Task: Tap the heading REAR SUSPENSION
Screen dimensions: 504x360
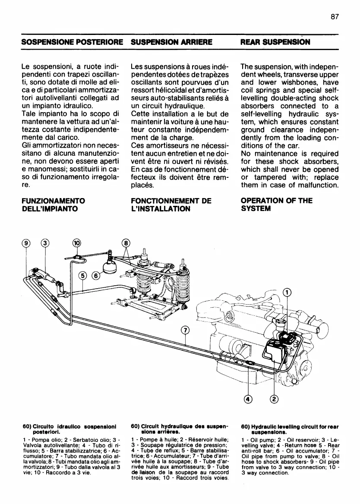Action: pyautogui.click(x=275, y=43)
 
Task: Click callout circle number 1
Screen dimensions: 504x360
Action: pyautogui.click(x=286, y=292)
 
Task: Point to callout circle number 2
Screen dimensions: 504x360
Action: pyautogui.click(x=274, y=399)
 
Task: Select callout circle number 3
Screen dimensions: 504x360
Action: pyautogui.click(x=45, y=243)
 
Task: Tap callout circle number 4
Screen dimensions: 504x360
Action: pyautogui.click(x=248, y=399)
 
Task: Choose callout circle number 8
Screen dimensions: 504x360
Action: pyautogui.click(x=126, y=243)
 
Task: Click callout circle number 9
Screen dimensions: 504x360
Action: pyautogui.click(x=26, y=243)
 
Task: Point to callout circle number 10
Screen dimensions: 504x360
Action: pyautogui.click(x=76, y=243)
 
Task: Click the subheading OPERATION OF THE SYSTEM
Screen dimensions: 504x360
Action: pyautogui.click(x=270, y=205)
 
